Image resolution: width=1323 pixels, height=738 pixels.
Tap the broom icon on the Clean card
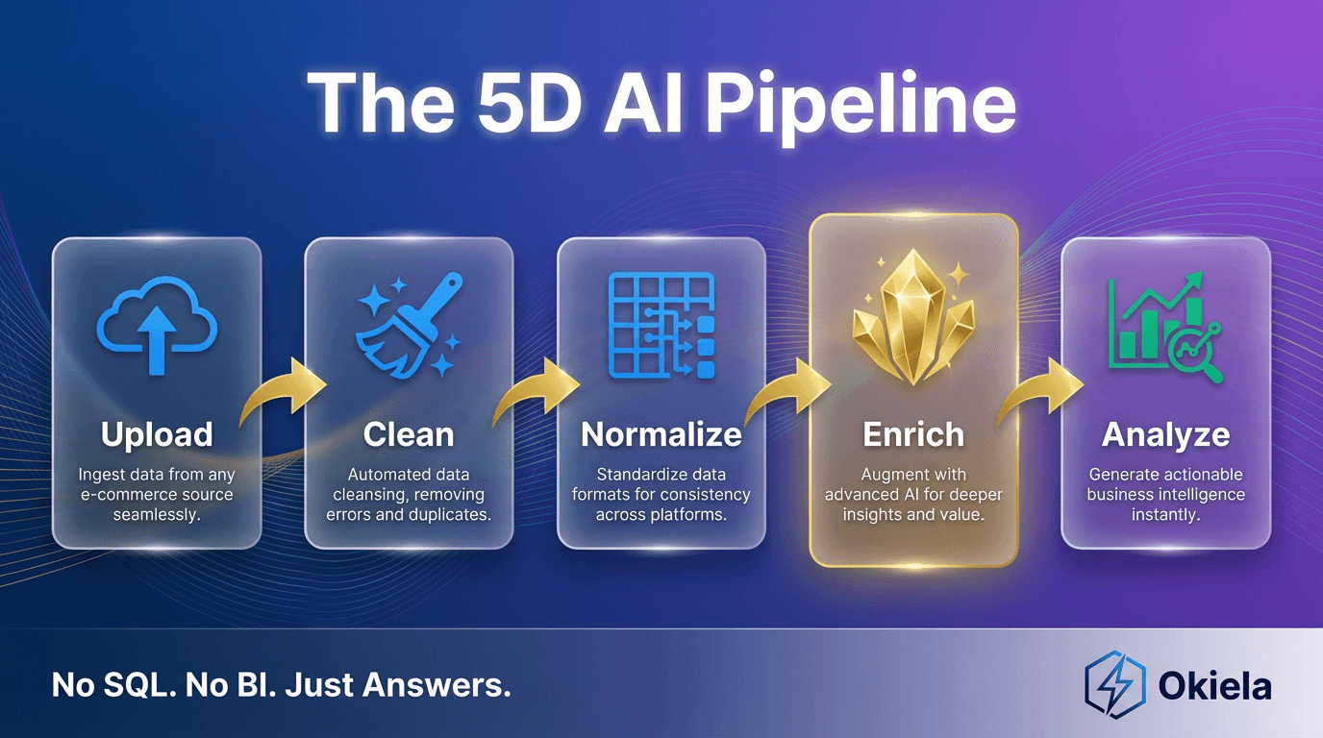tap(409, 324)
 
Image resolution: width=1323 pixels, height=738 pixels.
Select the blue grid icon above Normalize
tap(661, 325)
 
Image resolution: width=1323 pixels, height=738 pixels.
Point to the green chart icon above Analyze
tap(1164, 328)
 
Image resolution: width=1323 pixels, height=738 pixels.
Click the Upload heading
tap(157, 435)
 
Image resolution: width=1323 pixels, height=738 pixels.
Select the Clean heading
tap(409, 435)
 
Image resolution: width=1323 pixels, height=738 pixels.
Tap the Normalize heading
tap(661, 435)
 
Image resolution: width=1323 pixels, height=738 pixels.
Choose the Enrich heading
tap(913, 435)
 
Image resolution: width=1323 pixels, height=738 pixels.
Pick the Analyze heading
tap(1166, 435)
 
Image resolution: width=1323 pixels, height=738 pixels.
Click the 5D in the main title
tap(528, 105)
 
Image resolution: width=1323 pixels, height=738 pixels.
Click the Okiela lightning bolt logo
tap(1114, 684)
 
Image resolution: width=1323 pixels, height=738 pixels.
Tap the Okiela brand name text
tap(1214, 686)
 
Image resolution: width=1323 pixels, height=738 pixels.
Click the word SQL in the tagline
tap(139, 685)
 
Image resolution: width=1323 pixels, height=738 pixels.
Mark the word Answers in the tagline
tap(437, 685)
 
